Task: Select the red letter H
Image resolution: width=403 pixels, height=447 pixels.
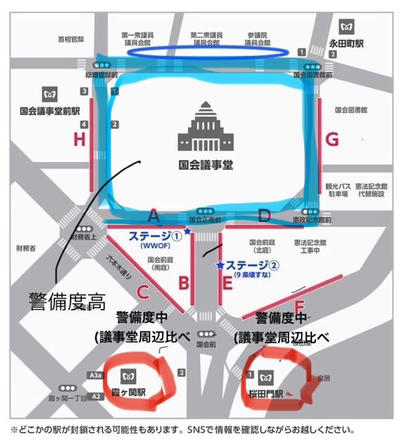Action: click(77, 141)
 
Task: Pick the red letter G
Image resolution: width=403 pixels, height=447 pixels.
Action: click(333, 140)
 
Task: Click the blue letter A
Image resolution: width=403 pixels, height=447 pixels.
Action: click(153, 216)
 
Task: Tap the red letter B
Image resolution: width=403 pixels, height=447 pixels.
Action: click(184, 282)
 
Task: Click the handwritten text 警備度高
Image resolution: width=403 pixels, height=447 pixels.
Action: click(67, 301)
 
